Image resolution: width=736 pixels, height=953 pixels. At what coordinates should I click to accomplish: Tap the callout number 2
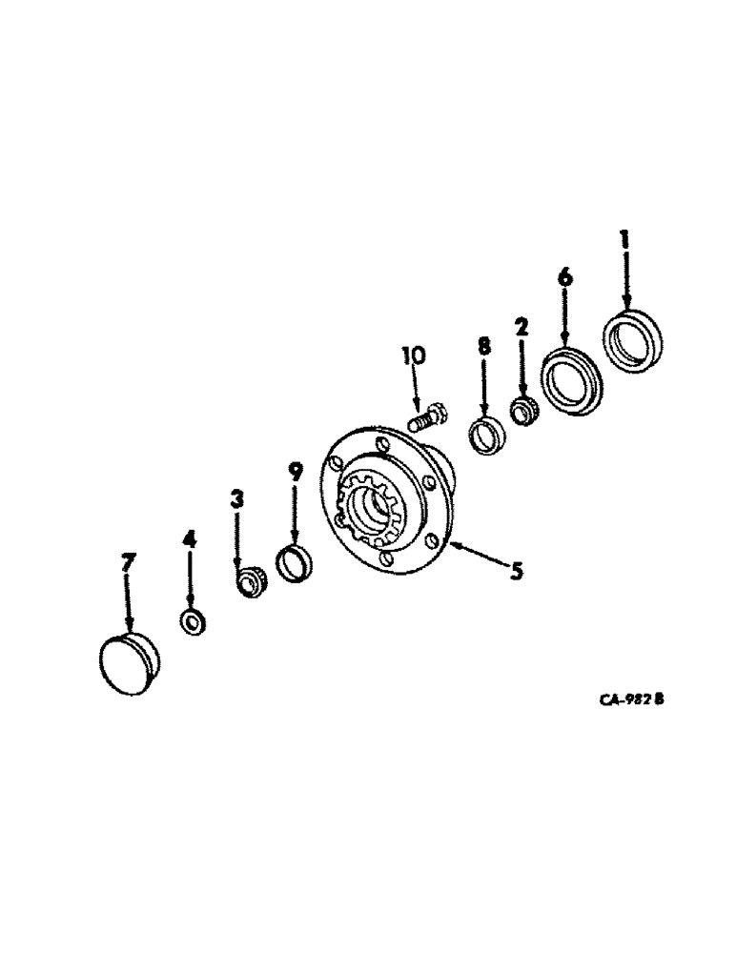521,328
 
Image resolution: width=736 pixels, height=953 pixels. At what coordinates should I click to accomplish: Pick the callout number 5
515,572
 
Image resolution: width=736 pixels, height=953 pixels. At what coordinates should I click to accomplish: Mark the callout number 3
237,497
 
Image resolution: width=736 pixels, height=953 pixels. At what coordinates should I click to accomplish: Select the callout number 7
127,564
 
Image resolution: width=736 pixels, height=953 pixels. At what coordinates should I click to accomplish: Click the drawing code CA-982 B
631,700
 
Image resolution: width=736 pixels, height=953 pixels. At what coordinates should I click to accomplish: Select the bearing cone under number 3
250,581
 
